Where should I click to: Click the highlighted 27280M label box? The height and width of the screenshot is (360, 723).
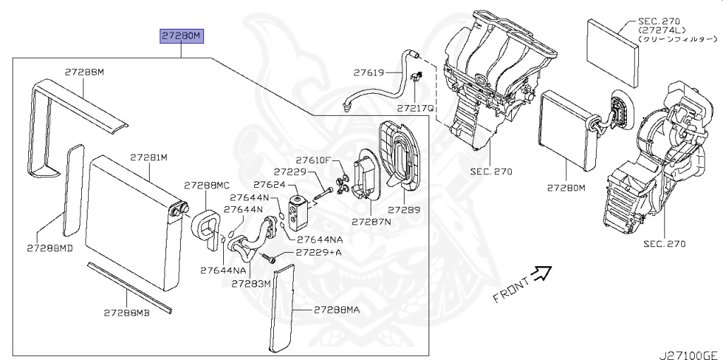pyautogui.click(x=181, y=35)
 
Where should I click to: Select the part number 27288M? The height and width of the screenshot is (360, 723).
pyautogui.click(x=84, y=72)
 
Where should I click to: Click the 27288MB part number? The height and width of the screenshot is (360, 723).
pyautogui.click(x=126, y=312)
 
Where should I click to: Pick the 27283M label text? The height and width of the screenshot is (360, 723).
pyautogui.click(x=251, y=284)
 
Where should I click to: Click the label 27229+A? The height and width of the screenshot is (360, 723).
pyautogui.click(x=318, y=252)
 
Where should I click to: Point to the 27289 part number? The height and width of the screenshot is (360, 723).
pyautogui.click(x=404, y=210)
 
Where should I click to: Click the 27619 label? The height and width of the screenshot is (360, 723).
pyautogui.click(x=370, y=72)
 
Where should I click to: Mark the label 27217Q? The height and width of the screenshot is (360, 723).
pyautogui.click(x=415, y=109)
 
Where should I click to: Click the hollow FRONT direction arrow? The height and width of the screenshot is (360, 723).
pyautogui.click(x=541, y=272)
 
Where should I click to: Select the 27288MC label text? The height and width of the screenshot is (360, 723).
pyautogui.click(x=207, y=185)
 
